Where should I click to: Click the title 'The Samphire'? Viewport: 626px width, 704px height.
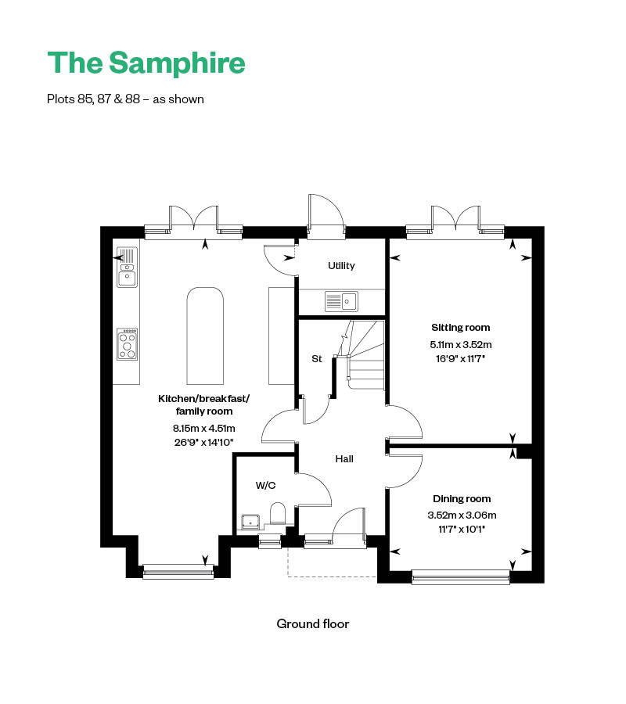coord(146,63)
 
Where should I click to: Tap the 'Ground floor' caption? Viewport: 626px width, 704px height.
coord(312,623)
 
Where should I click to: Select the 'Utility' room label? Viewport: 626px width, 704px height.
coord(341,266)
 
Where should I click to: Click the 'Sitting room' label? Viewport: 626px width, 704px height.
coord(461,328)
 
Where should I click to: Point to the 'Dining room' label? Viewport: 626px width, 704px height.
coord(462,498)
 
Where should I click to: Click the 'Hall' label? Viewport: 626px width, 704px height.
coord(344,458)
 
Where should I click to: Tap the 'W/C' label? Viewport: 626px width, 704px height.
coord(266,485)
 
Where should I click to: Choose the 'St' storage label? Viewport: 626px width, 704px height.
coord(317,359)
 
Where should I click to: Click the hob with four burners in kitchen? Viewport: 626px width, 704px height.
coord(128,344)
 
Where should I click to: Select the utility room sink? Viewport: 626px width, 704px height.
coord(341,300)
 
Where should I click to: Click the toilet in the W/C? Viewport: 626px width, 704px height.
coord(277,515)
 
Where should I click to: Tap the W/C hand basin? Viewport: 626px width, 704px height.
coord(251,520)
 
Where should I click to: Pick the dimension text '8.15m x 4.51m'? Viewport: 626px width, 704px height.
coord(203,428)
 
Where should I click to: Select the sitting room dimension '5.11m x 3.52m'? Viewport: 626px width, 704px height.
coord(461,344)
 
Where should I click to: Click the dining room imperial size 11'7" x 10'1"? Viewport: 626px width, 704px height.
coord(462,528)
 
